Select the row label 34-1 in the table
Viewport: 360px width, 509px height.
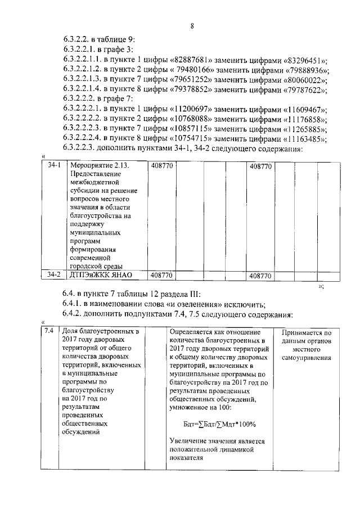click(53, 167)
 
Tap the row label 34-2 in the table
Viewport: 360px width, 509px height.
click(53, 276)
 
